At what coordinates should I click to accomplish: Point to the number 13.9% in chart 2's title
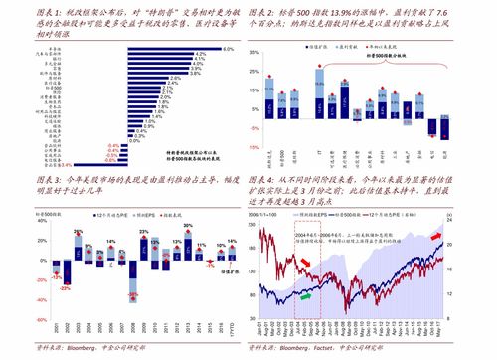click(344, 9)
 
